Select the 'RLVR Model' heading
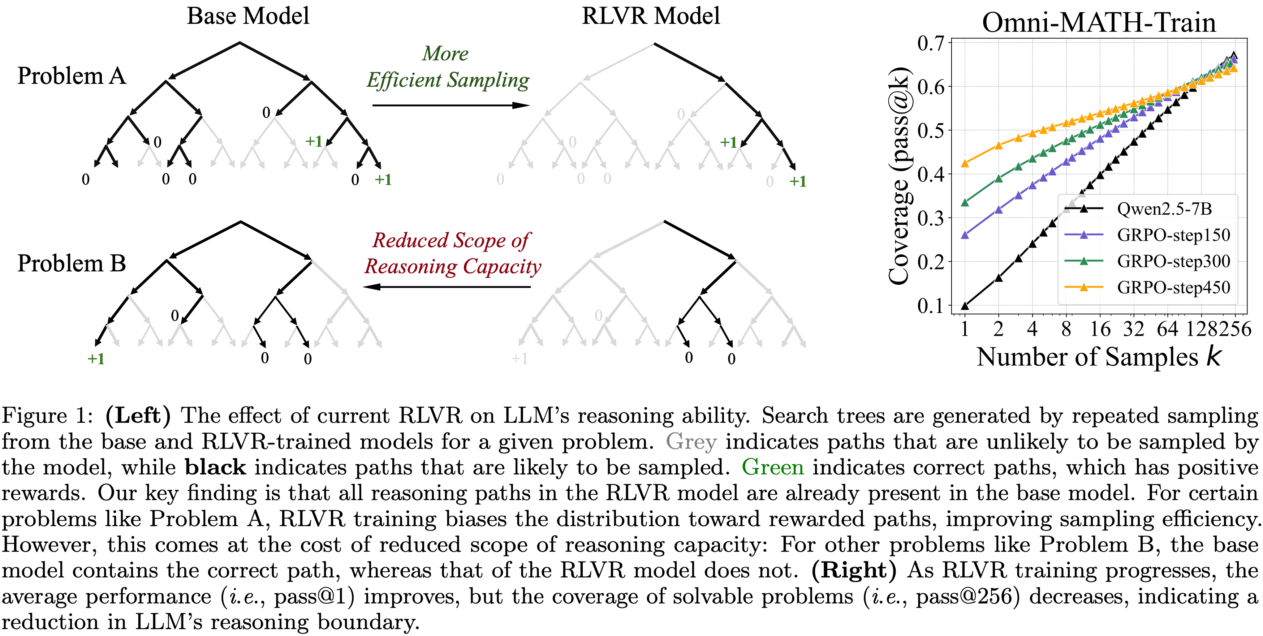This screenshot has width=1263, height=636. pos(651,16)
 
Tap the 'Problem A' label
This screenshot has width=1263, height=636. pos(72,77)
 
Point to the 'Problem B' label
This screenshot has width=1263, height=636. pos(72,264)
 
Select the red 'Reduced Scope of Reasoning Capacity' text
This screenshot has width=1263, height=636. pos(452,254)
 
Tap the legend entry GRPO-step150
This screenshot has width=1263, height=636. pos(1173,235)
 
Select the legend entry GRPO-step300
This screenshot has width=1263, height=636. pos(1173,261)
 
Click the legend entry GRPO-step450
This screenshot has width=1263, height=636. pos(1173,287)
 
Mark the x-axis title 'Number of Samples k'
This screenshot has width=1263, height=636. pos(1098,357)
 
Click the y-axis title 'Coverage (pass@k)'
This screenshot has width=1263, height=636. pos(900,175)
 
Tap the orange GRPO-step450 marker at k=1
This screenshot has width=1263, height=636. pos(965,163)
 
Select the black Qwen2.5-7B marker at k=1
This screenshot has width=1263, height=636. pos(965,306)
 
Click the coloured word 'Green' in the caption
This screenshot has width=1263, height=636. pos(773,467)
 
